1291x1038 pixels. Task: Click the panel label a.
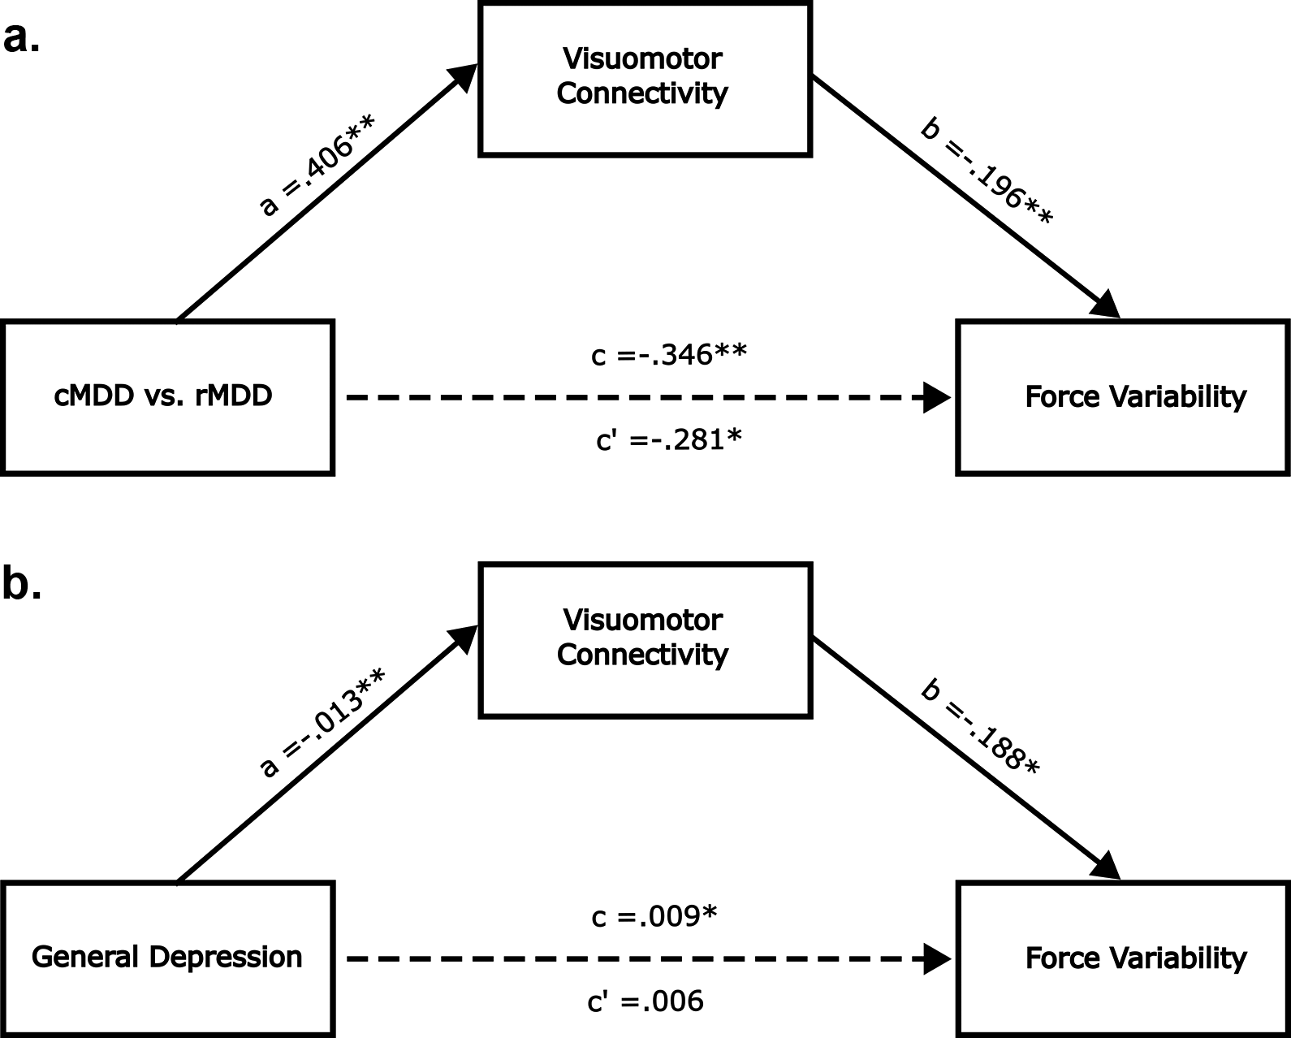coord(21,38)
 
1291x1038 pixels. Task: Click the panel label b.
coord(21,583)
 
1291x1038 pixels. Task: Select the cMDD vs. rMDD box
coord(167,397)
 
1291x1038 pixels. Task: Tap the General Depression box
coord(167,958)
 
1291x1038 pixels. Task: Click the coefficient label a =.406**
coord(317,166)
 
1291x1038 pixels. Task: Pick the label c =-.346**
coord(669,355)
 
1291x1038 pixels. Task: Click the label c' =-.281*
coord(669,440)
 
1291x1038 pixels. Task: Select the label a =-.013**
coord(321,723)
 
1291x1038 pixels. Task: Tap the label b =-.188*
coord(979,729)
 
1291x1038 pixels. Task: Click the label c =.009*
coord(654,916)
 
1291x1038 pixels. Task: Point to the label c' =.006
coord(645,1001)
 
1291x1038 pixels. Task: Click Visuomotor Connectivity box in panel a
coord(645,78)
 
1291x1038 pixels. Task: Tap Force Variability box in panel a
coord(1124,397)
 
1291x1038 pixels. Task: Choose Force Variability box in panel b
coord(1124,958)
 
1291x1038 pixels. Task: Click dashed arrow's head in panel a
coord(938,398)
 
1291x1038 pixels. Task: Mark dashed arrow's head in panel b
coord(938,959)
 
